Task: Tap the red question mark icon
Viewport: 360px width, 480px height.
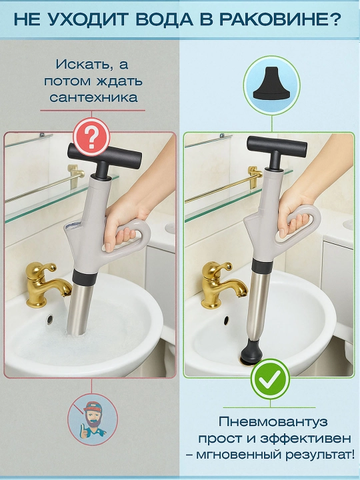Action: (x=91, y=137)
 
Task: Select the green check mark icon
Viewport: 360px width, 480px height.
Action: (x=270, y=379)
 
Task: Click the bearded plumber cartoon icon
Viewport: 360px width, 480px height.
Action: (x=93, y=419)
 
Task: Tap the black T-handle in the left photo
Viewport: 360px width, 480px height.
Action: (x=103, y=159)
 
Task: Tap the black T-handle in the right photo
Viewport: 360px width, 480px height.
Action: (x=277, y=150)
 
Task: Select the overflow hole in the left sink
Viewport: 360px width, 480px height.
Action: (x=49, y=319)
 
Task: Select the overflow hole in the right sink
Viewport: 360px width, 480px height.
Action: (x=226, y=321)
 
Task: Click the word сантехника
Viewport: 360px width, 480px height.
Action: (x=93, y=97)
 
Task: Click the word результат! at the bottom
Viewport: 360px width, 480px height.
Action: (x=319, y=455)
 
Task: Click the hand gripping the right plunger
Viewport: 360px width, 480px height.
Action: (x=301, y=208)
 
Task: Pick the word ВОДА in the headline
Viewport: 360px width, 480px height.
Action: (x=165, y=19)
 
